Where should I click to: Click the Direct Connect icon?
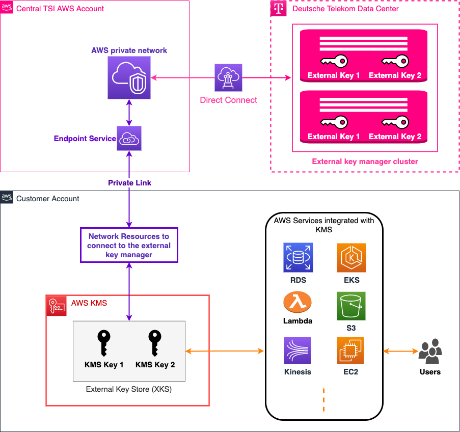[228, 78]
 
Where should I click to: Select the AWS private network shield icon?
[129, 77]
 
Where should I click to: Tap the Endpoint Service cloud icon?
[129, 138]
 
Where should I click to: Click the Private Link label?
[129, 182]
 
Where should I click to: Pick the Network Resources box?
[129, 245]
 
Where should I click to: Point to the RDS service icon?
[298, 257]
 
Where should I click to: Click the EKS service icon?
[351, 257]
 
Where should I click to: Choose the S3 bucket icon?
[351, 306]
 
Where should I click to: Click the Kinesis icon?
[298, 350]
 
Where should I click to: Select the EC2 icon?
[350, 350]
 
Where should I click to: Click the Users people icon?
[430, 351]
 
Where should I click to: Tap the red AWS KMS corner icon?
[56, 306]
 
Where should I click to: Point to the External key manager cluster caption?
[365, 161]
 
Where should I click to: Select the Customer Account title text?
[48, 199]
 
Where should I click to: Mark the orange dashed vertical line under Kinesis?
[323, 399]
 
